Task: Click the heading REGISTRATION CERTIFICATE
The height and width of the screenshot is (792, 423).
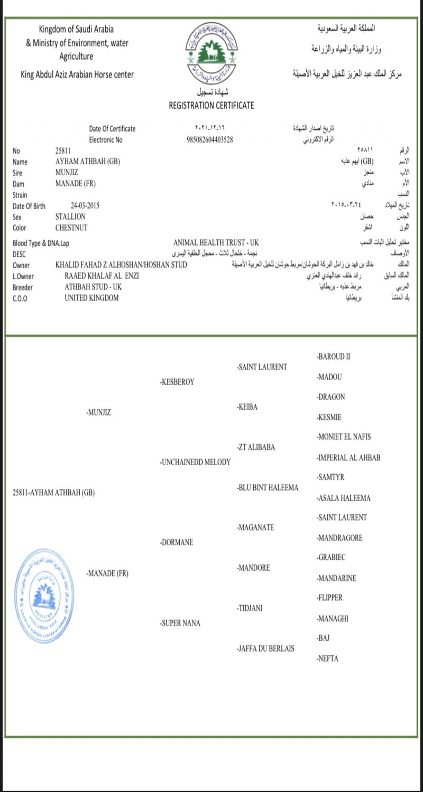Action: click(211, 105)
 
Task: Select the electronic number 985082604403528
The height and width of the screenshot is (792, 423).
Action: click(210, 140)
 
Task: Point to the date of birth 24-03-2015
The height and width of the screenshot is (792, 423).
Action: click(85, 206)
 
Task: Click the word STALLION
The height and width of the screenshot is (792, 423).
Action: click(70, 216)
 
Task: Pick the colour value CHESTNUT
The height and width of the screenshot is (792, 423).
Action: click(71, 228)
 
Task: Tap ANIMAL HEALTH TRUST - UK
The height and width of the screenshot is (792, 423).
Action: click(216, 242)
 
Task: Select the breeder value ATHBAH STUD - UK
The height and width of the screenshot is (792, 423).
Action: click(93, 287)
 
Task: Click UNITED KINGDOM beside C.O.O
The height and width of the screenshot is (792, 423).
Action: click(91, 298)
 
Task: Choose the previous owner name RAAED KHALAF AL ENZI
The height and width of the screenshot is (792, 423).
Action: click(102, 276)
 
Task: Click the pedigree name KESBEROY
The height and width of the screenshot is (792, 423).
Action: click(177, 382)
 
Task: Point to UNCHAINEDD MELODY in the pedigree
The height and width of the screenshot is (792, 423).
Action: click(196, 462)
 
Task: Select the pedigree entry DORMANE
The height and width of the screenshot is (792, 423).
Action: click(177, 542)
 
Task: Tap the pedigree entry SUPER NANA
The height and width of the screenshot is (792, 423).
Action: click(180, 623)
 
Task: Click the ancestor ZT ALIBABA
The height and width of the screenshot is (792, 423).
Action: click(256, 447)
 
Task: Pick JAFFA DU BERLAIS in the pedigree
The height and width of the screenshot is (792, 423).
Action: click(266, 648)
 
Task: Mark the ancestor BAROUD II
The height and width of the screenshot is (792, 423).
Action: click(333, 356)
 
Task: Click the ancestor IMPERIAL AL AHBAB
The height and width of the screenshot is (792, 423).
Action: click(348, 458)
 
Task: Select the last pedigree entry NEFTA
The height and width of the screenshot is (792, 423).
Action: click(327, 658)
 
